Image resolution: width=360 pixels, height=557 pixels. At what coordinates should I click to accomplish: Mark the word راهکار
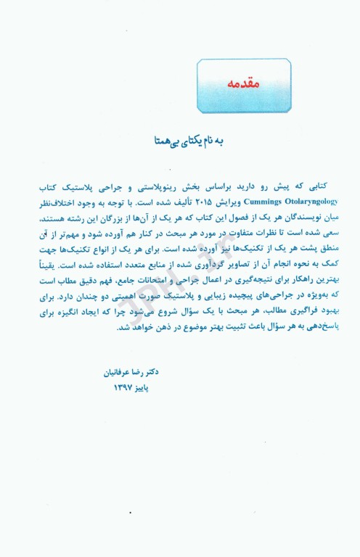(x=280, y=276)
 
